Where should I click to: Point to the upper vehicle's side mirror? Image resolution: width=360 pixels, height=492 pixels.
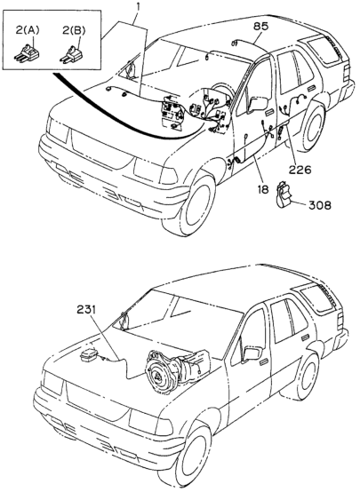[257, 104]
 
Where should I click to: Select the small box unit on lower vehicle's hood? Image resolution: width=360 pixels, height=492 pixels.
[88, 355]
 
